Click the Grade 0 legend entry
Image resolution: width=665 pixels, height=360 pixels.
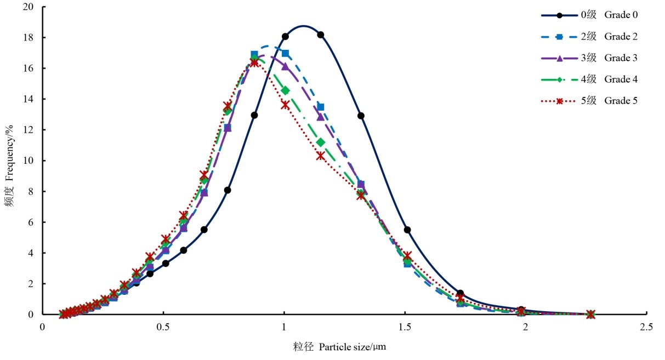click(x=603, y=15)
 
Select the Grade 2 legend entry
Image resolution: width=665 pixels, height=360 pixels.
click(x=603, y=37)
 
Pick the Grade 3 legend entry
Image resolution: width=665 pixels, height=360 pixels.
click(x=603, y=58)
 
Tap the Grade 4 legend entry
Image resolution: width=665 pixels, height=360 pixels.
click(x=603, y=79)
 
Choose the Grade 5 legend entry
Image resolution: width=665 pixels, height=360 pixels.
click(x=603, y=101)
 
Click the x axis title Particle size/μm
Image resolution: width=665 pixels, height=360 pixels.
click(x=343, y=347)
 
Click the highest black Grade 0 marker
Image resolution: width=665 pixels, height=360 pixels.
click(x=321, y=35)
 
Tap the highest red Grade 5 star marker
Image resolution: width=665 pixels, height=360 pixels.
click(x=254, y=62)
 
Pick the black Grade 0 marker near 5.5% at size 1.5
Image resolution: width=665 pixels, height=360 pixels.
click(x=407, y=230)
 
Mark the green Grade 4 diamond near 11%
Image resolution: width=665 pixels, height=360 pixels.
click(x=321, y=142)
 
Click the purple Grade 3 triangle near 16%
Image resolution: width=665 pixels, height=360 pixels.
click(x=285, y=66)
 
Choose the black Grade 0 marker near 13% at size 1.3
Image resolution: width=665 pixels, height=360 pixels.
click(x=361, y=116)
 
